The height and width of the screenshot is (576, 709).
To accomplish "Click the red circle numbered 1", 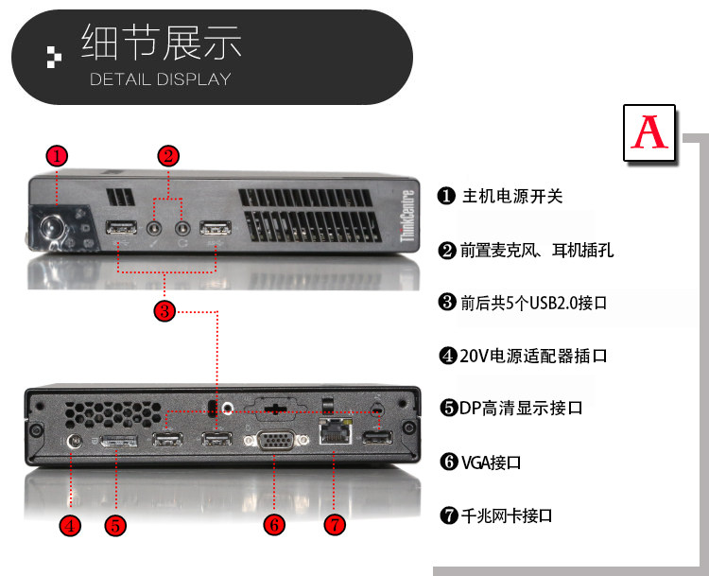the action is click(x=58, y=155).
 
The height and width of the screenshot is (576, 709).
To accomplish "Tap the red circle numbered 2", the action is click(x=168, y=155).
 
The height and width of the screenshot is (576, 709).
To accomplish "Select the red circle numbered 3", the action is click(x=164, y=310).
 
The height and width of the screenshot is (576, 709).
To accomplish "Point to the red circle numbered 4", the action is click(x=70, y=525).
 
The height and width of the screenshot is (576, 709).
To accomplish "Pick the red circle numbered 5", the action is click(x=115, y=525).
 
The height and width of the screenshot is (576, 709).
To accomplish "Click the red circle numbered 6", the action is click(x=274, y=525).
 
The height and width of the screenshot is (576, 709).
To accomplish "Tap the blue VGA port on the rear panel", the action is click(x=274, y=442).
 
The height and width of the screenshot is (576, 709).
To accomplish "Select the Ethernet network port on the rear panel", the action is click(x=334, y=435).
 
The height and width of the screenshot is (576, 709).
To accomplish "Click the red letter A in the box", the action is click(x=649, y=132).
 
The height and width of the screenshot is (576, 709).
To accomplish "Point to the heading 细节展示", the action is click(x=161, y=44).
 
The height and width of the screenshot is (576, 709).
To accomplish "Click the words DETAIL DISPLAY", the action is click(x=160, y=79).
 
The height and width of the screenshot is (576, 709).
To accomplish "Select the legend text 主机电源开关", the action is click(x=511, y=197).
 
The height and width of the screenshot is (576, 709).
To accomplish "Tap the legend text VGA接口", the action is click(x=491, y=463).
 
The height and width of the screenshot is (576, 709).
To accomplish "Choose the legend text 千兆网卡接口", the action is click(x=506, y=515).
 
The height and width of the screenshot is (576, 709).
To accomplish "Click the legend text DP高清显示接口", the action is click(x=521, y=409).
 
